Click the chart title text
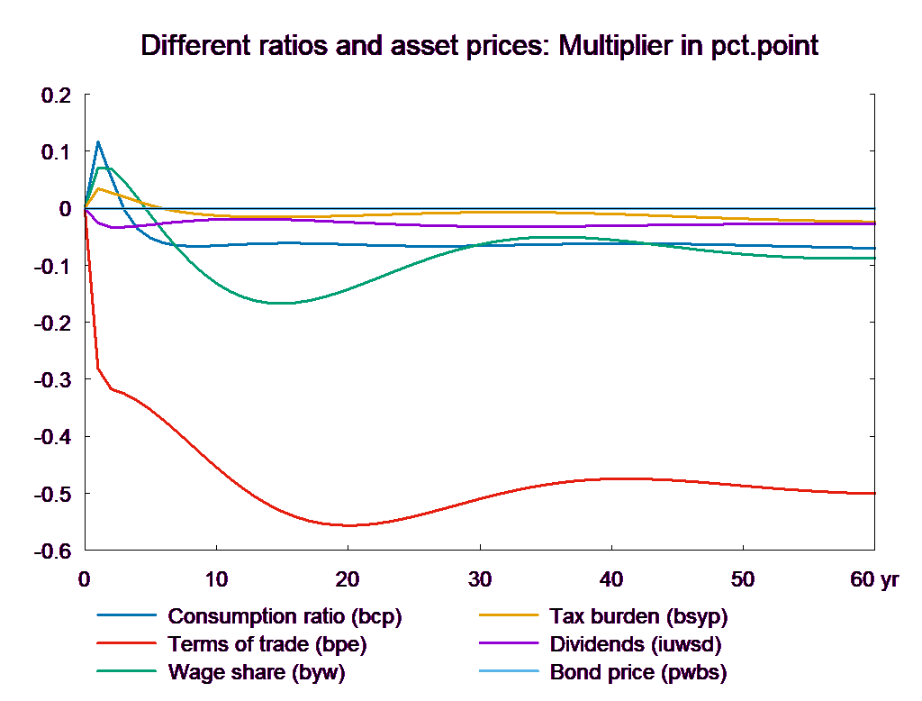coord(479,46)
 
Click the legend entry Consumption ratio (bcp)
coord(284,617)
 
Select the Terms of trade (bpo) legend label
coord(267,644)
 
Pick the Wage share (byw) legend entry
coord(256,672)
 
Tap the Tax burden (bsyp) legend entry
coord(637,617)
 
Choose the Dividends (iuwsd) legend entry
coord(635,644)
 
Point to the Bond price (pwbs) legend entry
coord(637,672)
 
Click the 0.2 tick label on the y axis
coord(56,95)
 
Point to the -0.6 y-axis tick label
coord(52,551)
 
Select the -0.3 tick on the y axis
coord(52,380)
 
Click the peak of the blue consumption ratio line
coord(97,141)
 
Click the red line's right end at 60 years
coord(875,493)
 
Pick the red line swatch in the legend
coord(127,645)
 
